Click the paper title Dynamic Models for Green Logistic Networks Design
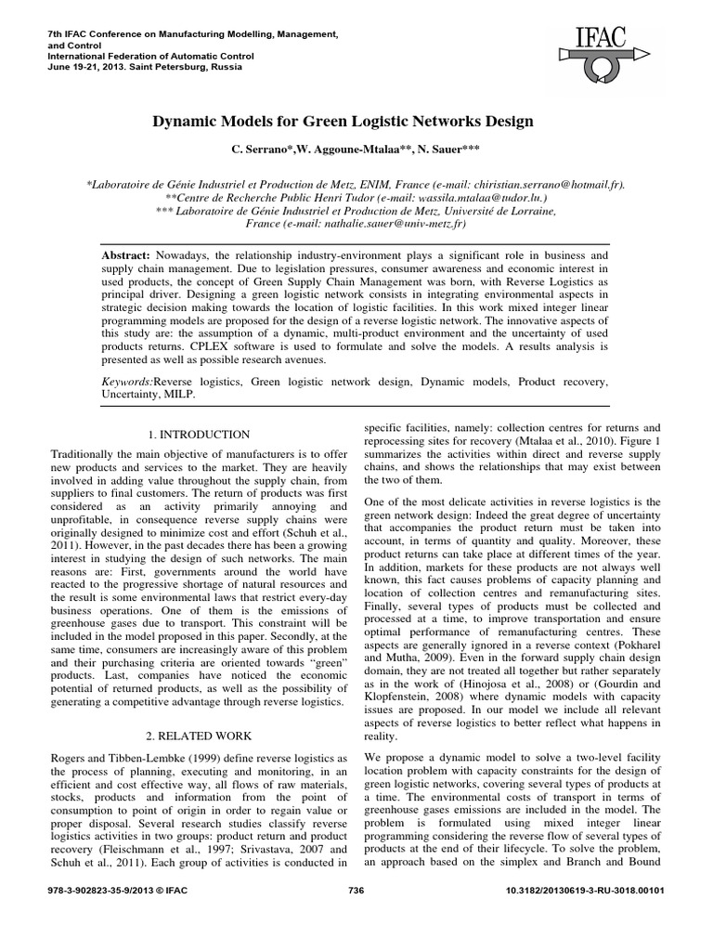(356, 122)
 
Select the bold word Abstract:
(126, 254)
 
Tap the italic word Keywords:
(126, 382)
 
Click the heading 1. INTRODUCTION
(199, 434)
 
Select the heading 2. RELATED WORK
(199, 733)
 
